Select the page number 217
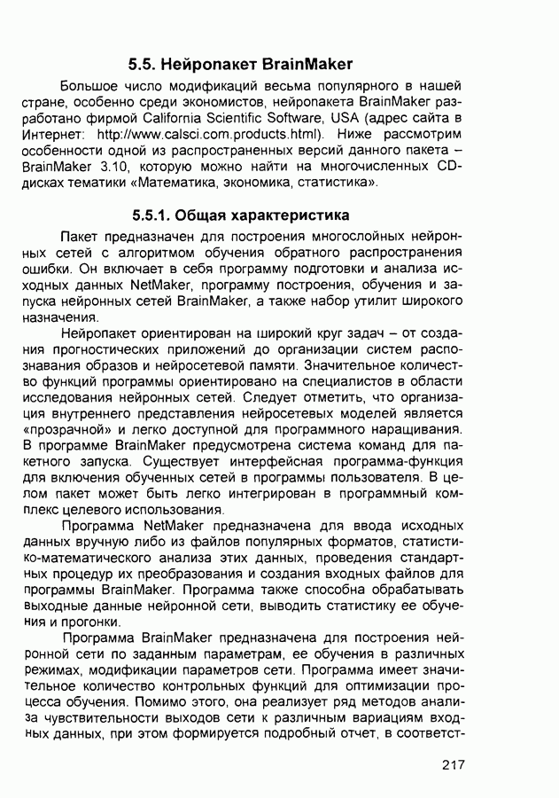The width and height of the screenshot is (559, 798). coord(452,765)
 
